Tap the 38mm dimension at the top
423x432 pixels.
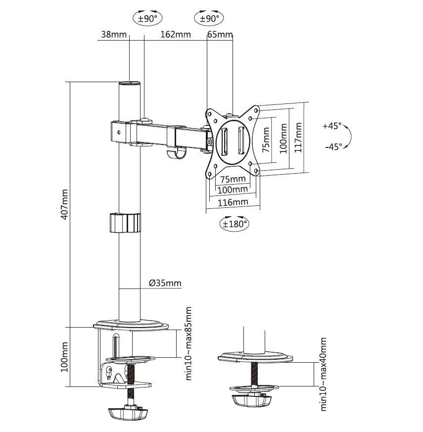(x=113, y=34)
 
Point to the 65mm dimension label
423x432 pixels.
(x=220, y=34)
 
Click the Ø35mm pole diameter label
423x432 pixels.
(x=165, y=284)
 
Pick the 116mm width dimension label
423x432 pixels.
(x=233, y=202)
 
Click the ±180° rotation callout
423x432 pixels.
(x=235, y=223)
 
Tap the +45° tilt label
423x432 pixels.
(x=332, y=126)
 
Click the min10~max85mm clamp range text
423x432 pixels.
(x=188, y=343)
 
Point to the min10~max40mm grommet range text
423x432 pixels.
(x=324, y=374)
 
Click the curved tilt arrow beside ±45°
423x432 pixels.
(x=347, y=136)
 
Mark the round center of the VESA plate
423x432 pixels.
(x=232, y=140)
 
